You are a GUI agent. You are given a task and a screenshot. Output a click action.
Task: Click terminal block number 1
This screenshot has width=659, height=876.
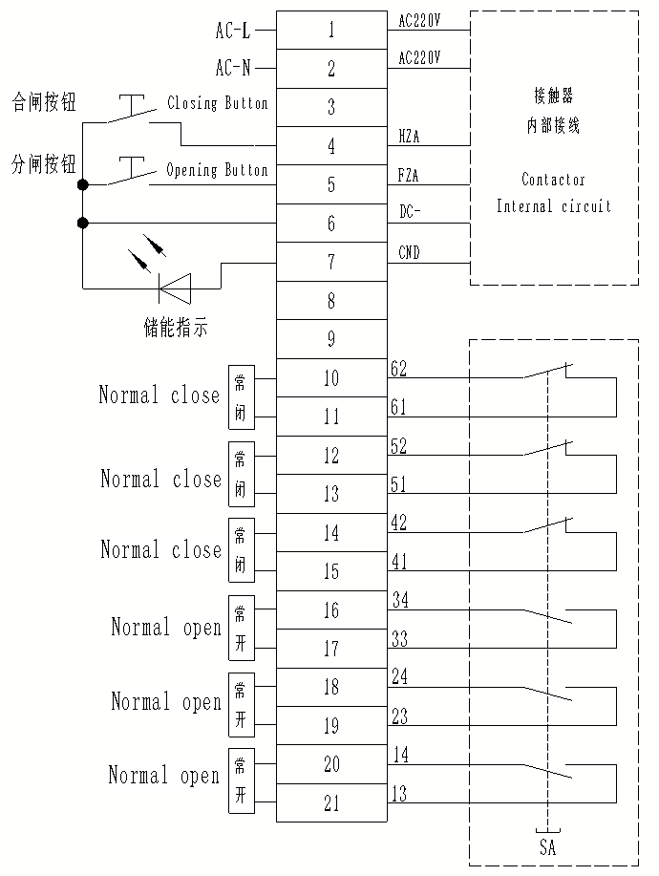pyautogui.click(x=331, y=31)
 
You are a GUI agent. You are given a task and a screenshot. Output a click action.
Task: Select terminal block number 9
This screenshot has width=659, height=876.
pyautogui.click(x=331, y=339)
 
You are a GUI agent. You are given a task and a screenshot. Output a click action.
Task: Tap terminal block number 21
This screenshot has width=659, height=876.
pyautogui.click(x=331, y=802)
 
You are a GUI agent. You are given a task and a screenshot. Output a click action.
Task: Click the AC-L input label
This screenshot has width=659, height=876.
pyautogui.click(x=233, y=31)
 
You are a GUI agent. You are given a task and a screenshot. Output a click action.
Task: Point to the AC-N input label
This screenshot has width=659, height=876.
pyautogui.click(x=233, y=68)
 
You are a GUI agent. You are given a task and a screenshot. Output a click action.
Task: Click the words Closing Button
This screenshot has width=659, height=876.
pyautogui.click(x=217, y=103)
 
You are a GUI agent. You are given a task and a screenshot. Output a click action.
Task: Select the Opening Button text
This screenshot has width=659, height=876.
pyautogui.click(x=217, y=170)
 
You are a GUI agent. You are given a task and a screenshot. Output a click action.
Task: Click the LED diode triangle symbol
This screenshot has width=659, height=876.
pyautogui.click(x=176, y=288)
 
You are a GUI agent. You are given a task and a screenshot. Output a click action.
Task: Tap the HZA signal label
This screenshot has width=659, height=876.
pyautogui.click(x=409, y=137)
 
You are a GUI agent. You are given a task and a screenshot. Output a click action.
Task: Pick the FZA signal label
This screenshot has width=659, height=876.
pyautogui.click(x=408, y=176)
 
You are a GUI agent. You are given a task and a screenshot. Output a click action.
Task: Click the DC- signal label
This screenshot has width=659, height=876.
pyautogui.click(x=410, y=212)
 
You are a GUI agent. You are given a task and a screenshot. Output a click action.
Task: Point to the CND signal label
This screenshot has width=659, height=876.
pyautogui.click(x=409, y=252)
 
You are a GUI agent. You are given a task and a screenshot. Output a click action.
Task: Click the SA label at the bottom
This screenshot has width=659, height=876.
pyautogui.click(x=548, y=847)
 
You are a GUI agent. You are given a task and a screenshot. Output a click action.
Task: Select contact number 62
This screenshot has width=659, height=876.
pyautogui.click(x=399, y=369)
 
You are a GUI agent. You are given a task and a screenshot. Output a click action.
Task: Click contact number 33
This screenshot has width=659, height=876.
pyautogui.click(x=400, y=638)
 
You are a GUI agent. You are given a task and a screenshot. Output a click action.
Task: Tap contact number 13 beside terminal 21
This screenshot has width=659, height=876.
pyautogui.click(x=399, y=793)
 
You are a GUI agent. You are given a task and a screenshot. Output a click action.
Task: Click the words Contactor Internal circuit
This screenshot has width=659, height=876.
pyautogui.click(x=553, y=193)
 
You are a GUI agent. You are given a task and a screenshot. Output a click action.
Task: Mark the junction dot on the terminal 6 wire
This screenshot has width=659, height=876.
pyautogui.click(x=83, y=224)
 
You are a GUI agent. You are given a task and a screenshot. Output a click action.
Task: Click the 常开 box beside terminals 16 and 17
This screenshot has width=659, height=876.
pyautogui.click(x=242, y=628)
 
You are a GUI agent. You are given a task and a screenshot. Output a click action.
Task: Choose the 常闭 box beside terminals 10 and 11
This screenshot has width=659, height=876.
pyautogui.click(x=242, y=397)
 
